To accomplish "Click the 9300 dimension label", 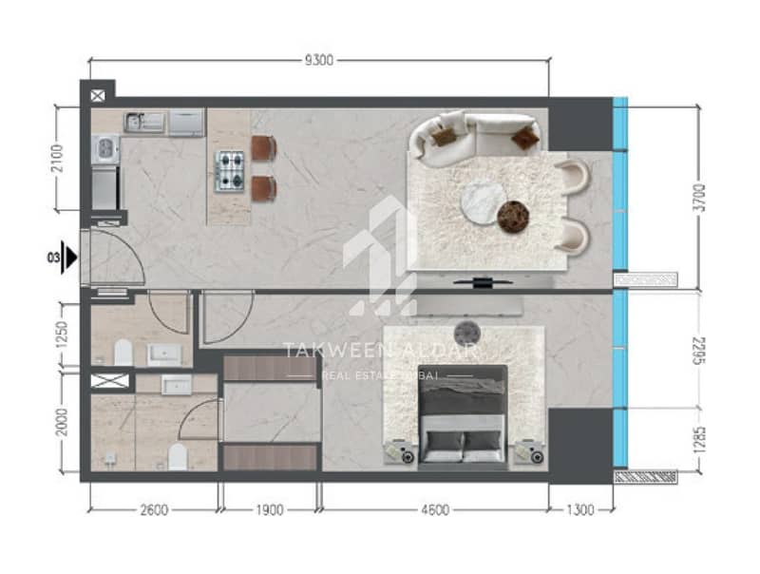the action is click(x=318, y=61).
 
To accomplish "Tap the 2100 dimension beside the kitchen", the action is click(x=57, y=158).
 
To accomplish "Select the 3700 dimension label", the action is click(x=699, y=199).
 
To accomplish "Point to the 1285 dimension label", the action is click(x=699, y=440).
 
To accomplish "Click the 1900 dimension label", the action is click(x=270, y=510).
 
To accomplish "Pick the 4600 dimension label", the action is click(x=435, y=510).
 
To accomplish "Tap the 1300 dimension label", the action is click(x=579, y=510).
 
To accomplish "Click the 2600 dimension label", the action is click(x=154, y=510).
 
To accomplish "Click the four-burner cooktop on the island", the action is click(x=229, y=171).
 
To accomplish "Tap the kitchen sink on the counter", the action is click(x=144, y=122).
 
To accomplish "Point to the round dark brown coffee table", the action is click(x=514, y=217).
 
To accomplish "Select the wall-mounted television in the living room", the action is click(x=483, y=281).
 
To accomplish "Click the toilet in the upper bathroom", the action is click(x=123, y=353).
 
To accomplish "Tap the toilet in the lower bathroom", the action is click(x=178, y=457).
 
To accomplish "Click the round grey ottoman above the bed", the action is click(x=467, y=334).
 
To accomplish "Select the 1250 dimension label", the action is click(x=62, y=335).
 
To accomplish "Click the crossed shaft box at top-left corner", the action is click(x=98, y=95).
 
